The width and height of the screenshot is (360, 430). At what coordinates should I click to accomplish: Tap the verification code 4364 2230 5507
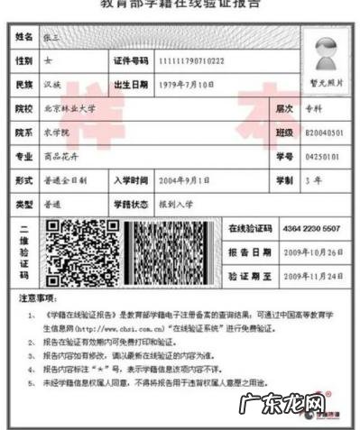[311, 229]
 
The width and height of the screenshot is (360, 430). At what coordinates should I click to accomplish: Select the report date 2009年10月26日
[312, 252]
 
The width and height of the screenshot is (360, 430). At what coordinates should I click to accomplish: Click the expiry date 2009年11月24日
[312, 276]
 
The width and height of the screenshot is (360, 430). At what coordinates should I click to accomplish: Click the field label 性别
[24, 59]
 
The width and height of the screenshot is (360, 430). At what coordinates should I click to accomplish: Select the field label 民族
[24, 84]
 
